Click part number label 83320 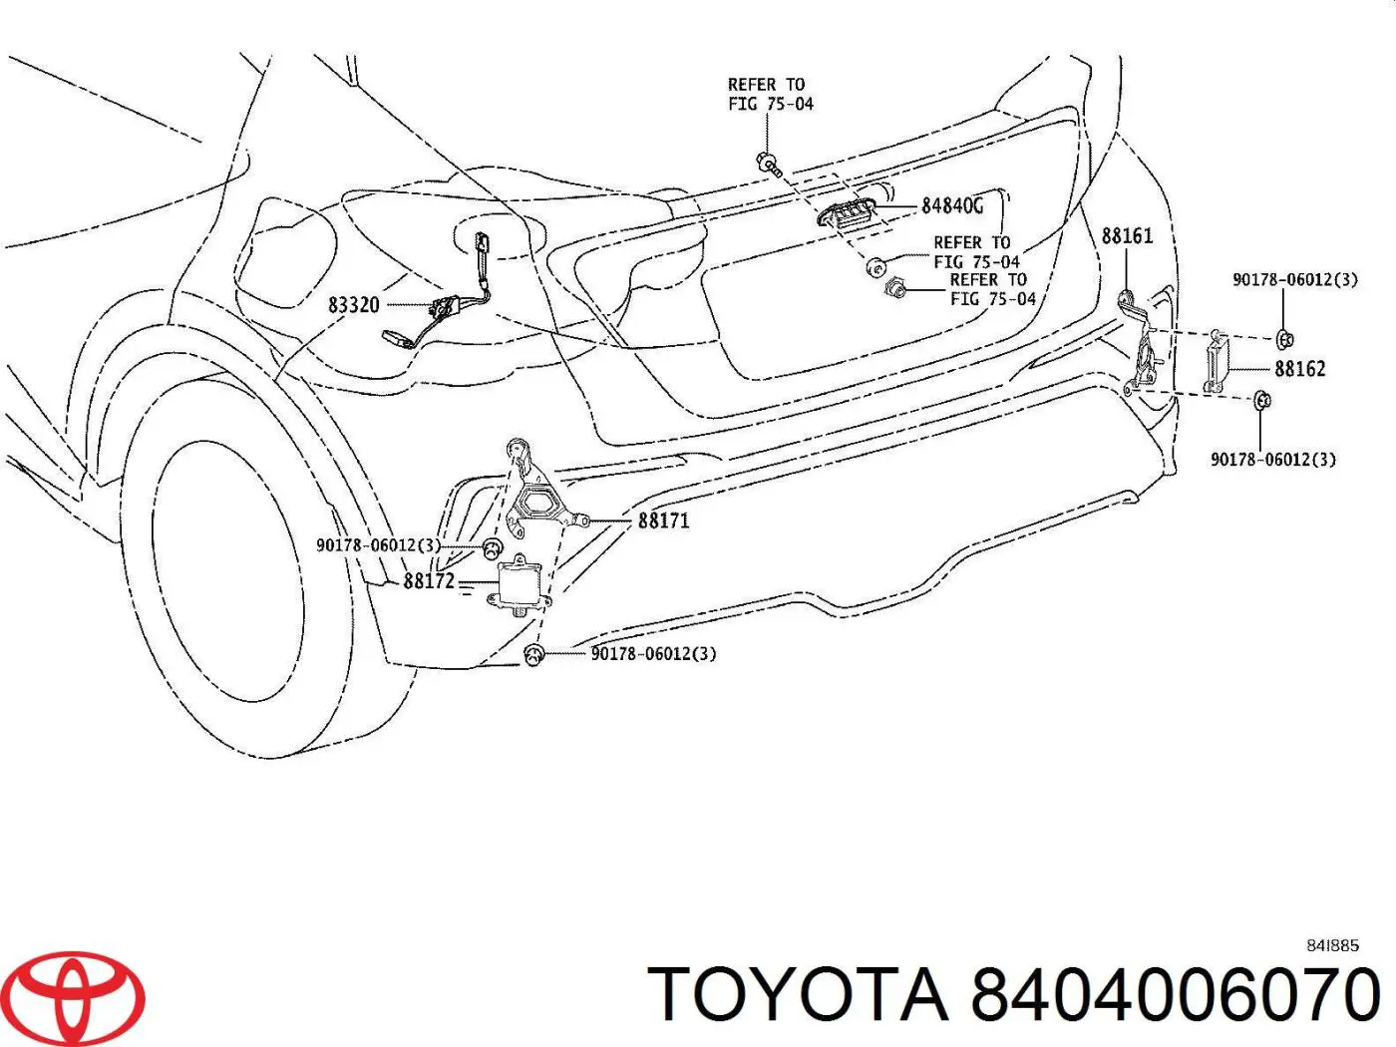[x=354, y=305]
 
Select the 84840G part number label [x=952, y=205]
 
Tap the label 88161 [x=1127, y=236]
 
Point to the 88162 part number [x=1300, y=369]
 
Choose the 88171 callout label [x=663, y=522]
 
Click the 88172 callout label [x=430, y=580]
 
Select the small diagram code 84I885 [x=1332, y=946]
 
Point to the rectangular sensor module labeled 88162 [x=1216, y=365]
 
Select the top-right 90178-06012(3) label [x=1295, y=279]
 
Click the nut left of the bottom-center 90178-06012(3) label [x=533, y=654]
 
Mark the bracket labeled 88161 [x=1139, y=343]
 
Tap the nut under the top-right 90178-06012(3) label [x=1285, y=339]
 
